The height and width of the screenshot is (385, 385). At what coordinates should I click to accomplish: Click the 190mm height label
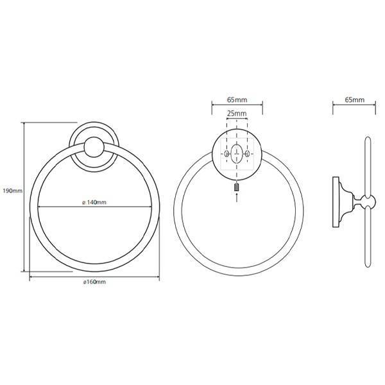coord(13,191)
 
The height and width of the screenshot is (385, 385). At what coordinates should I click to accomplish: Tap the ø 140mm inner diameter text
coord(94,202)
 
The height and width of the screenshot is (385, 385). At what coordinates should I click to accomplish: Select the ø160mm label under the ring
coord(94,282)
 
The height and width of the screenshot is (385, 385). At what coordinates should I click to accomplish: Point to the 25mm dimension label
coord(237,114)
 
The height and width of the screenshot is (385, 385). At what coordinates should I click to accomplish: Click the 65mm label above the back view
coord(237,99)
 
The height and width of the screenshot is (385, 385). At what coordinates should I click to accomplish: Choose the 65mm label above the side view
coord(355,99)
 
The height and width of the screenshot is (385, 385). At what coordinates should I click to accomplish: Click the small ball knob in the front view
coord(94,147)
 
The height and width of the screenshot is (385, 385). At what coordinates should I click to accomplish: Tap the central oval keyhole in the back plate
coord(236,154)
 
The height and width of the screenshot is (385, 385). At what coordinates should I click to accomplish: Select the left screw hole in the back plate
coord(227,154)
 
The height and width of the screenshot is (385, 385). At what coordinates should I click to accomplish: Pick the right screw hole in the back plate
coord(247,154)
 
